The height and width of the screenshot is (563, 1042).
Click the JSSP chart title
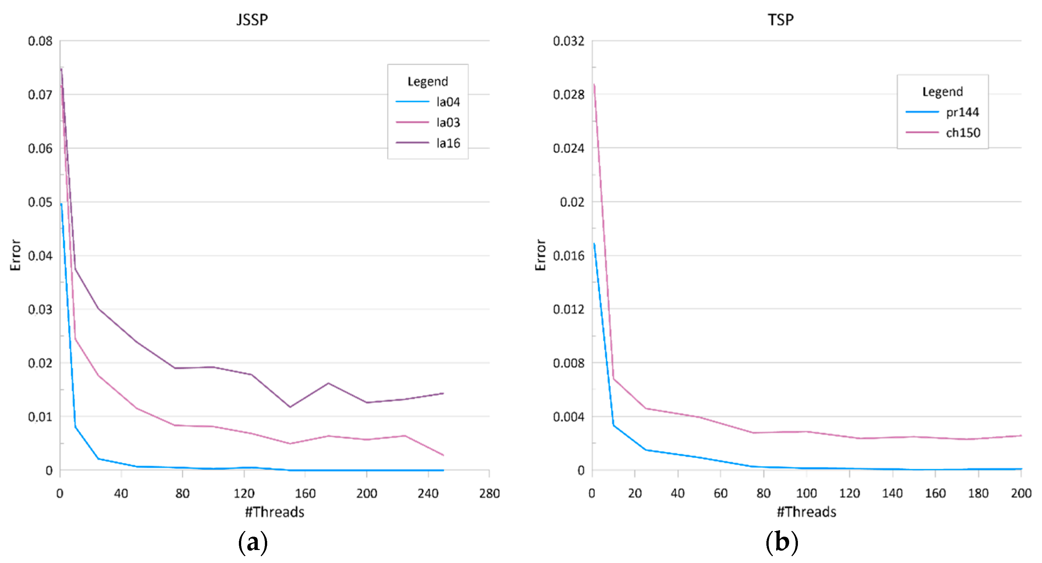tap(252, 20)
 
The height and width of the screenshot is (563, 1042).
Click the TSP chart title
tap(781, 20)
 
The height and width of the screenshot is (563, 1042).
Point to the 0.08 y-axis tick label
tap(40, 41)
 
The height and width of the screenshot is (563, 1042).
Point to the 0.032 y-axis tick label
tap(568, 41)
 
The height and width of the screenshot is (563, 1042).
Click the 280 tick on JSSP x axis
tap(489, 493)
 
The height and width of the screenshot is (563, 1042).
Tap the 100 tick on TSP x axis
tap(806, 493)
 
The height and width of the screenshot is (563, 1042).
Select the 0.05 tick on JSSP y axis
tap(40, 202)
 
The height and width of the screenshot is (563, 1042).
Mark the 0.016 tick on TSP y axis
tap(568, 256)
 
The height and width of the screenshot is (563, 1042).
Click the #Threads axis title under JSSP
tap(275, 512)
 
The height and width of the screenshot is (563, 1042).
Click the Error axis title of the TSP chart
tap(541, 255)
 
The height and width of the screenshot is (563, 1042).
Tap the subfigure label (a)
tap(253, 542)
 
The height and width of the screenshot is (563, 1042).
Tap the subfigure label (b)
tap(781, 542)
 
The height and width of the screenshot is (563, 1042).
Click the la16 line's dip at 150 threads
tap(290, 407)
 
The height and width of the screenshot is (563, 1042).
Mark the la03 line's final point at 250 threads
tap(443, 455)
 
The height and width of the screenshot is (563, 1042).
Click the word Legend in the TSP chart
tap(942, 92)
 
